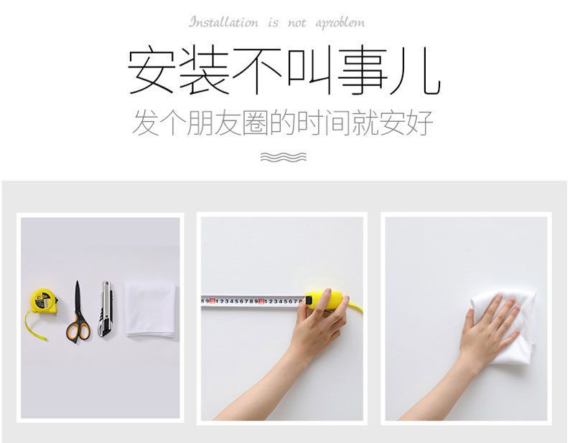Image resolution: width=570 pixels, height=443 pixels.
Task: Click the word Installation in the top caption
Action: (x=223, y=22)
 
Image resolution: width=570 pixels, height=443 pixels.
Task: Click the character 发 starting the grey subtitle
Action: (x=146, y=123)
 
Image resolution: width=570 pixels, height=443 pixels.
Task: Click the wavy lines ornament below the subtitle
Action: (x=284, y=156)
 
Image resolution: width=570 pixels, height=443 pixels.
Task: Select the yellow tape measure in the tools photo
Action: (x=42, y=303)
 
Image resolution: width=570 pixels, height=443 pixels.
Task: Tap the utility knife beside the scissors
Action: (x=105, y=309)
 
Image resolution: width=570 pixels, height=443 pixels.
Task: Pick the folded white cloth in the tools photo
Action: (x=150, y=308)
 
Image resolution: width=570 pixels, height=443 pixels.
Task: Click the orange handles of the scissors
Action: (x=78, y=330)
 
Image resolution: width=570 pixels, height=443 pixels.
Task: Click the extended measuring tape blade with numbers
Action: (x=251, y=301)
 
